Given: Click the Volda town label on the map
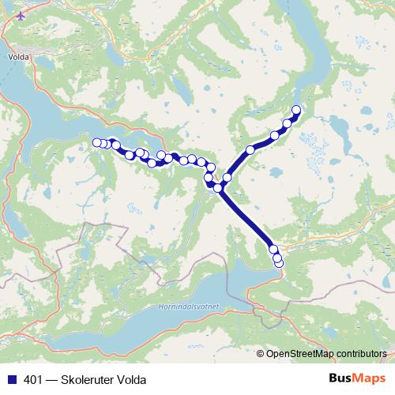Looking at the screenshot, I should pos(17,57).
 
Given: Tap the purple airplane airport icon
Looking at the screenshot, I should pos(21,14).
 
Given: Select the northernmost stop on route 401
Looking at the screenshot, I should pos(297,110).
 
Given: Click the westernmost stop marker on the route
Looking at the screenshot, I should pos(97,142).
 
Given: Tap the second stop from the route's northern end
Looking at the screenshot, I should pos(288,122).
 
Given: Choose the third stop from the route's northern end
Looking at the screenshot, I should pos(275,135).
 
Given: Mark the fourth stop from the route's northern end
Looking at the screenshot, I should pos(250,149).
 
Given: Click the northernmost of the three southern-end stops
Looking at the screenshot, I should pos(273,250).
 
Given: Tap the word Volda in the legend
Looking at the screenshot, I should pos(131,378).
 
